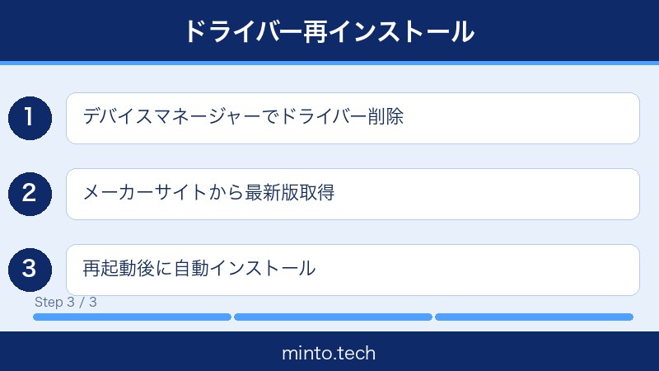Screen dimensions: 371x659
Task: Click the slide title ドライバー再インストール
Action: (x=329, y=31)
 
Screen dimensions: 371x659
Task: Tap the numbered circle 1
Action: (x=30, y=117)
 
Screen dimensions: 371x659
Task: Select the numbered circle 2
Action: (x=30, y=193)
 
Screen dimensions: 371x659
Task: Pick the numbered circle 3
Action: (x=30, y=269)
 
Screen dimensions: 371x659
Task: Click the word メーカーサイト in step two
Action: (x=132, y=193)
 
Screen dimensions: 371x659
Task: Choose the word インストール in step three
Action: (x=264, y=269)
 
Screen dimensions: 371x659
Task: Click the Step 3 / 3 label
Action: (x=66, y=302)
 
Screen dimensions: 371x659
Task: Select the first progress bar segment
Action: (x=132, y=317)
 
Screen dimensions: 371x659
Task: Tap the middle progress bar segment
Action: (x=333, y=317)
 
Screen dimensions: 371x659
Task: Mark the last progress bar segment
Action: (x=534, y=317)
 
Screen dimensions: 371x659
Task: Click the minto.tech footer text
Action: (x=329, y=354)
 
